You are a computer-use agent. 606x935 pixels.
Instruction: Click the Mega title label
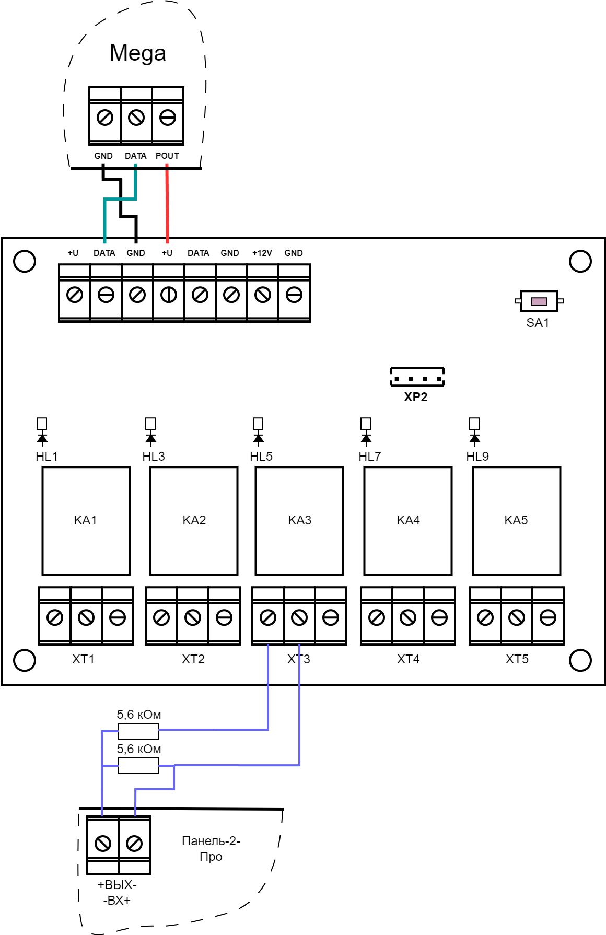(x=138, y=53)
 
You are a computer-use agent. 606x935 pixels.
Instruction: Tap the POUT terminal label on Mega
(x=167, y=156)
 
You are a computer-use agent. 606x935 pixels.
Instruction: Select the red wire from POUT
(x=167, y=204)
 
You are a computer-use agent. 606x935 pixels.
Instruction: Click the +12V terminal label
(x=262, y=253)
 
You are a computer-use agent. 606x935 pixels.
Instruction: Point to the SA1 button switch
(x=539, y=301)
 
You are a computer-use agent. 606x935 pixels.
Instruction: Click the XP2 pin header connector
(x=417, y=377)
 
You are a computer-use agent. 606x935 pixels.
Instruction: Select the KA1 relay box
(x=86, y=521)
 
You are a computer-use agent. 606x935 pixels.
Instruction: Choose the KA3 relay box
(x=299, y=521)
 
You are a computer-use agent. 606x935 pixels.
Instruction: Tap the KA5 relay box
(x=517, y=521)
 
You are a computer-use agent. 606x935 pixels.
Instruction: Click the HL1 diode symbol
(x=42, y=431)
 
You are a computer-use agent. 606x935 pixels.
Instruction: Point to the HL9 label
(x=477, y=457)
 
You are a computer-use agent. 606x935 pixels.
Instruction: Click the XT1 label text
(x=84, y=659)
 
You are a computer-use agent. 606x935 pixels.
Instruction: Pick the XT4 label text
(x=409, y=659)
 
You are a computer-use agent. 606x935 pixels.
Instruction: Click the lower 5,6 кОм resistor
(x=138, y=766)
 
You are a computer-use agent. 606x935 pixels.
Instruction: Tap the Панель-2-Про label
(x=211, y=849)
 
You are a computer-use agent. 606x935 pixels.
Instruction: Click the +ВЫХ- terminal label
(x=117, y=885)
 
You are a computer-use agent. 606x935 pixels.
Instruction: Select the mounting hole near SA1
(x=580, y=261)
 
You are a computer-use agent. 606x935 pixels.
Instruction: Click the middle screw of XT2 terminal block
(x=193, y=618)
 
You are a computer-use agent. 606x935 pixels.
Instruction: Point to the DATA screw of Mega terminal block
(x=136, y=118)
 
